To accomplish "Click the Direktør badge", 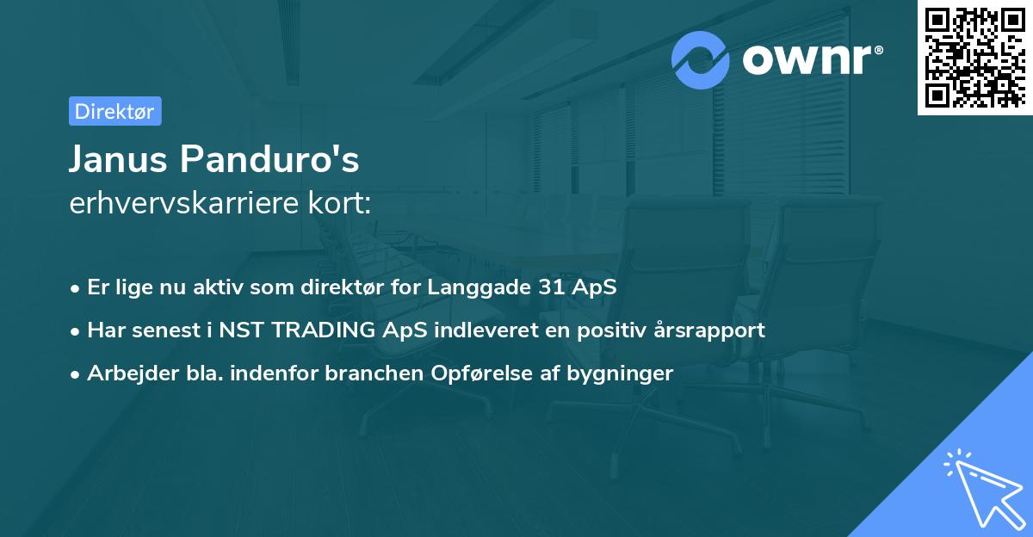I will pyautogui.click(x=114, y=111).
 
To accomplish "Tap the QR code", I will pyautogui.click(x=974, y=57).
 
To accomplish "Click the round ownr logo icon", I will pyautogui.click(x=701, y=59).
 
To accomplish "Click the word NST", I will pyautogui.click(x=242, y=330).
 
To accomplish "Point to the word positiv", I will pyautogui.click(x=612, y=330).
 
